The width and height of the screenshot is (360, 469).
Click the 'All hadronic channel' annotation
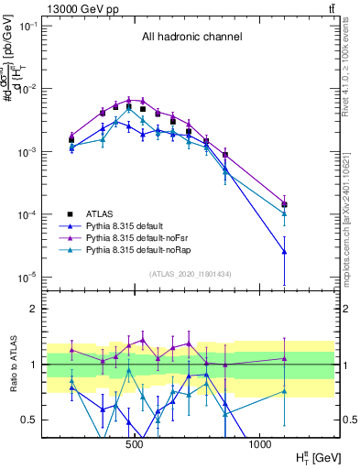[191, 38]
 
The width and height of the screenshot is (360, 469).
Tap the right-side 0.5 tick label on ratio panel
[349, 420]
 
